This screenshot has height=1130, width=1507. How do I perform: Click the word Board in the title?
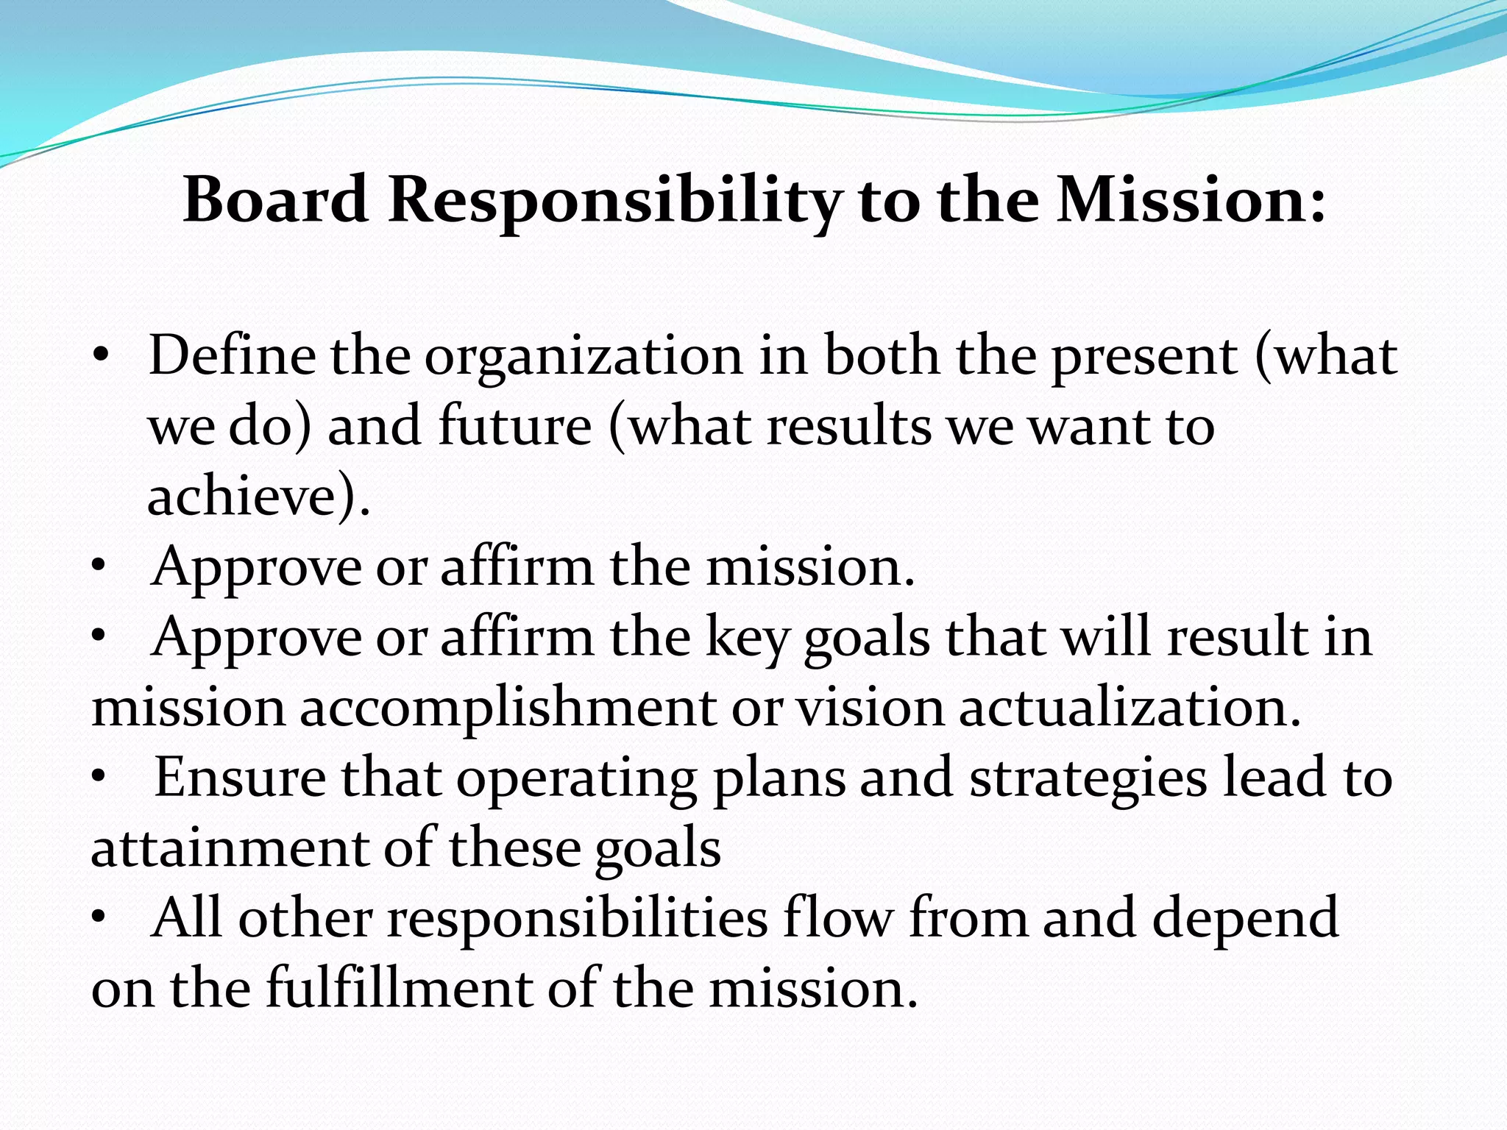(275, 199)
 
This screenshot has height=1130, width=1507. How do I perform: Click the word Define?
(232, 355)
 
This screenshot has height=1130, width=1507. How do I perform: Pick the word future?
(514, 426)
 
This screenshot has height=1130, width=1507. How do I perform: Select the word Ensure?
(239, 778)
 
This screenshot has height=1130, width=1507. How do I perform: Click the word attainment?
(229, 848)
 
